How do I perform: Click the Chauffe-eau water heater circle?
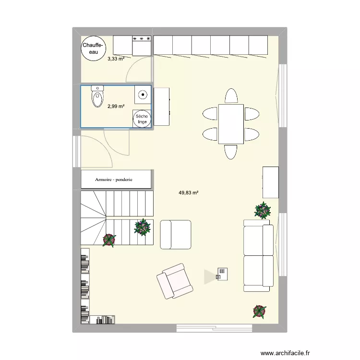click(93, 48)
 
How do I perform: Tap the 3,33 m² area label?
click(116, 59)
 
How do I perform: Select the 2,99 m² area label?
click(116, 107)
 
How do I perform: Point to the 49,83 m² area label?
click(189, 193)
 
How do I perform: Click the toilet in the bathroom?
click(97, 97)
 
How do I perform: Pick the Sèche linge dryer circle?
click(142, 119)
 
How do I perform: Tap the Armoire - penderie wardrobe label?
click(114, 180)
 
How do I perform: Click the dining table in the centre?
click(231, 123)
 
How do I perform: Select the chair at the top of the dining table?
click(231, 96)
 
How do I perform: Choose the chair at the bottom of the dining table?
click(231, 151)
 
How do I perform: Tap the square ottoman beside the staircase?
click(175, 235)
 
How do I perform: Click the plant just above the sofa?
click(262, 210)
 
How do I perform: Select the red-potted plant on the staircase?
click(109, 240)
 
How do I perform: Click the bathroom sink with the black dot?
click(143, 95)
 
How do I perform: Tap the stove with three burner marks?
click(142, 45)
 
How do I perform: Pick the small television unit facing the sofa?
click(222, 274)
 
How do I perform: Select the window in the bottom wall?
click(214, 328)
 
